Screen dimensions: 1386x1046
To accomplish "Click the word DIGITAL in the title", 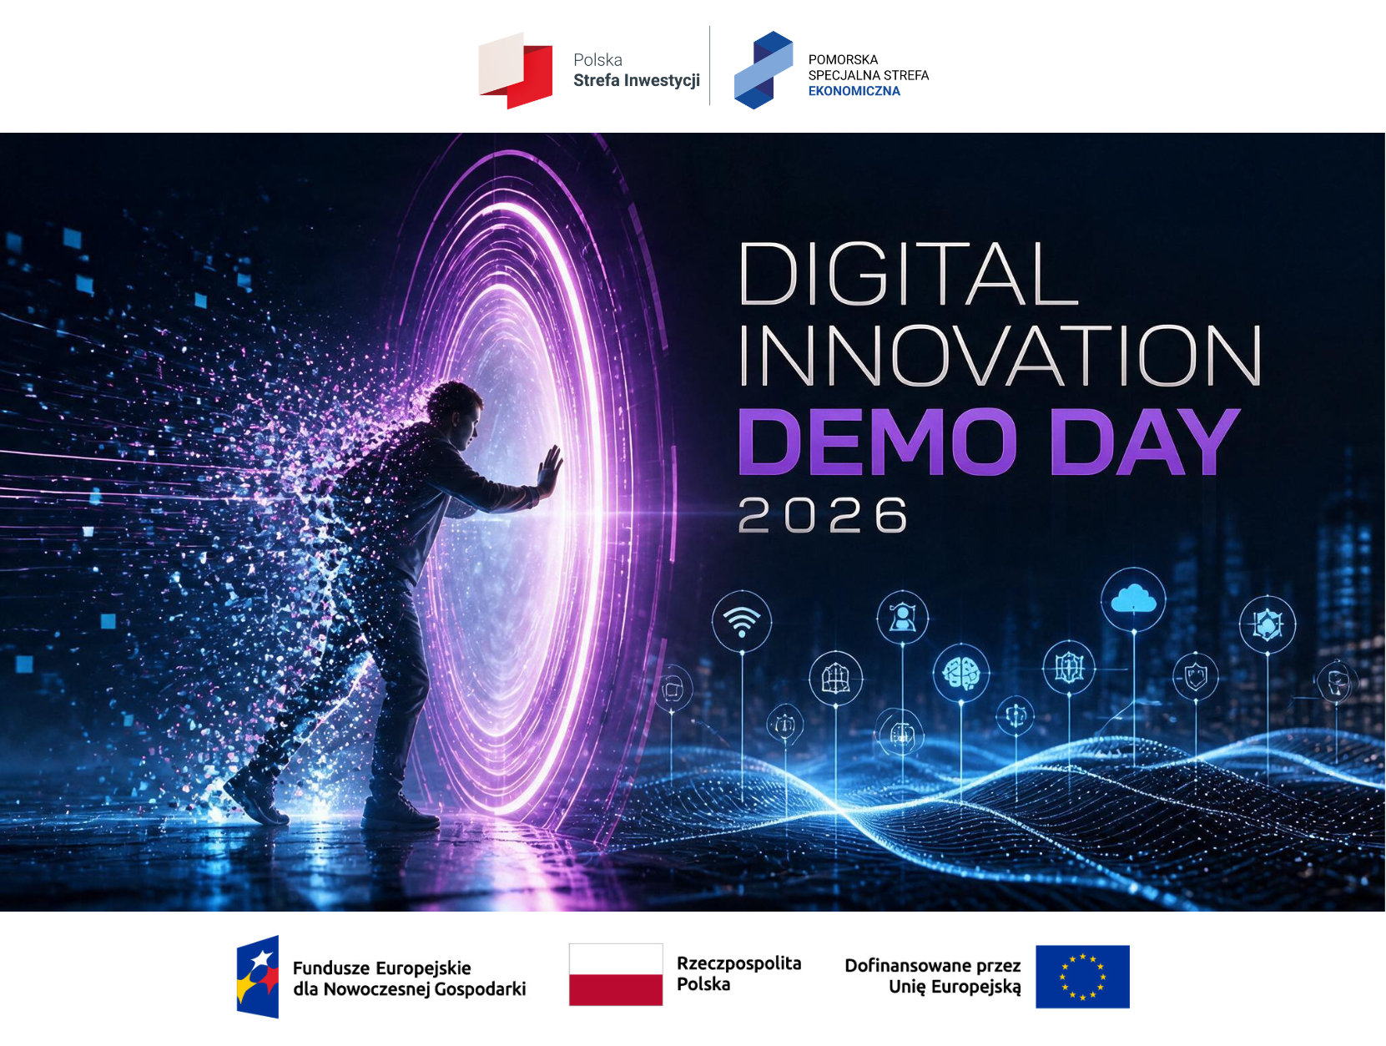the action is tap(908, 274).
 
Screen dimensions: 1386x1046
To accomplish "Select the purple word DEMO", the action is tap(877, 442).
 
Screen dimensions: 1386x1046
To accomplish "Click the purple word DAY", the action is tap(1144, 442).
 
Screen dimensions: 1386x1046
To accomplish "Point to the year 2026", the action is tap(823, 515).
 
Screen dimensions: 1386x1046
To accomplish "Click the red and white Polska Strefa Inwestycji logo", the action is tap(515, 70).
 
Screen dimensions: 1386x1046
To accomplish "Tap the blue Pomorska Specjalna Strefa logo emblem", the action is tap(764, 69).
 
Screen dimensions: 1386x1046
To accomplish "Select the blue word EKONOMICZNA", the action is tap(854, 91).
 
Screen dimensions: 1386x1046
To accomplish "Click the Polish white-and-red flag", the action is tap(616, 974).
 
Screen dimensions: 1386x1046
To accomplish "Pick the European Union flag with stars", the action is tap(1082, 977).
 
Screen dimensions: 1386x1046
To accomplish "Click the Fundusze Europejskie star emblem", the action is tap(258, 977).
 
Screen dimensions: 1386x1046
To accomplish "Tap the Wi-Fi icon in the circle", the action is tap(742, 621).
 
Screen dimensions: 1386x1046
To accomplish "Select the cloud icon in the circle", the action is tap(1133, 599).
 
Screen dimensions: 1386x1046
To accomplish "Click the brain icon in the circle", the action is tap(961, 672).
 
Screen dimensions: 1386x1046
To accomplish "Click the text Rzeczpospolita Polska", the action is tap(738, 973).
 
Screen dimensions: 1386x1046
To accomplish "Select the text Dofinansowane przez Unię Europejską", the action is tap(933, 976).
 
